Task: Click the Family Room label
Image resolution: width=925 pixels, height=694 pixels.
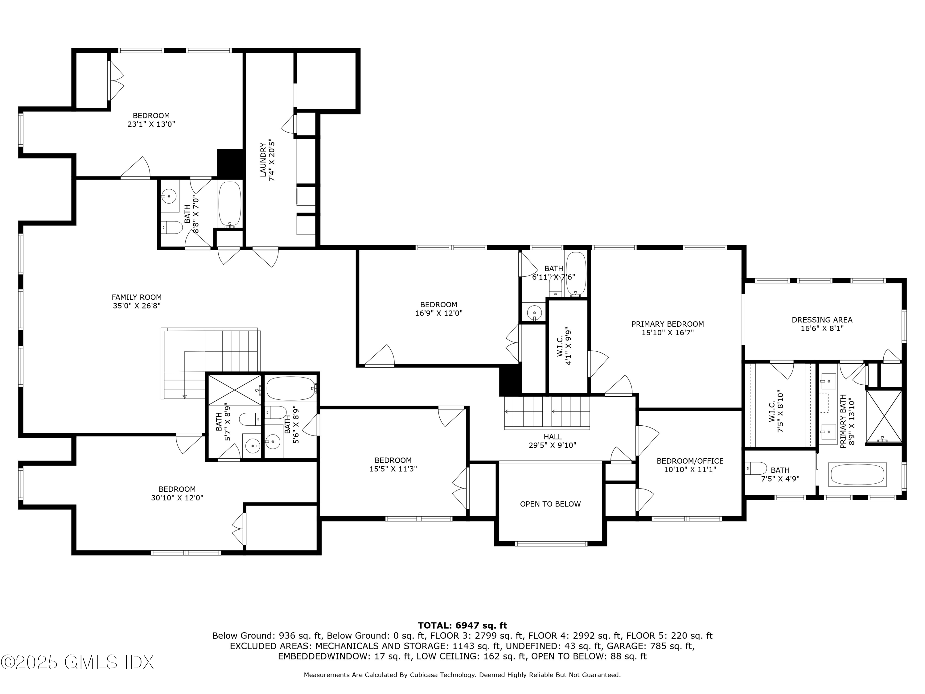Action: (136, 297)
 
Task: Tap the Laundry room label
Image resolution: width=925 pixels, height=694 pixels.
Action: (263, 160)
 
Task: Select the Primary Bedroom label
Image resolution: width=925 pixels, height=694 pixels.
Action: (668, 324)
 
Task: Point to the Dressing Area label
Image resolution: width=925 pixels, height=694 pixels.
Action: (822, 320)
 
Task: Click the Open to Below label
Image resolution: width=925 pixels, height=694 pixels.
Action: (550, 504)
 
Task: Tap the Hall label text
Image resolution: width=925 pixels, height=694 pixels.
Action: (553, 436)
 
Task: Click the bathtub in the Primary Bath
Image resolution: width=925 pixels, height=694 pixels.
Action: (858, 474)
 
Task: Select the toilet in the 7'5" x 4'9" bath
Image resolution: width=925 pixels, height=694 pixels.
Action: (756, 468)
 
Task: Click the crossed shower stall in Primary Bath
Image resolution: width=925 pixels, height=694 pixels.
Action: (884, 416)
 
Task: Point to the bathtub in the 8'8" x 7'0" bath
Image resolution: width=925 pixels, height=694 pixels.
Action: (230, 204)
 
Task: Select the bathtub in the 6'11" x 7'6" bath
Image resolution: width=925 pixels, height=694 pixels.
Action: (576, 274)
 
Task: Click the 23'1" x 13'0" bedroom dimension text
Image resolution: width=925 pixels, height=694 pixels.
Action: (151, 124)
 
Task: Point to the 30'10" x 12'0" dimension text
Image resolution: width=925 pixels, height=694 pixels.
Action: (177, 498)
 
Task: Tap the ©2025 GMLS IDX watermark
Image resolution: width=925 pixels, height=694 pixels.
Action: (78, 662)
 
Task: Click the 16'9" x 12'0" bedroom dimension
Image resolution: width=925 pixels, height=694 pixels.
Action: (439, 313)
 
